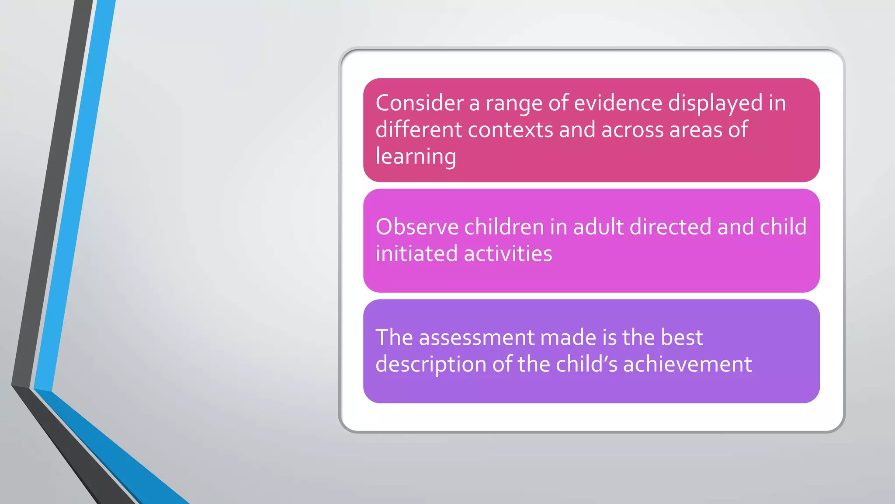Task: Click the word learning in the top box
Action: [x=416, y=157]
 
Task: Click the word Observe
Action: [x=417, y=227]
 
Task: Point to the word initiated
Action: [x=416, y=254]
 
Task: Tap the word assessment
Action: [x=477, y=338]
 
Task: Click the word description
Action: [x=431, y=365]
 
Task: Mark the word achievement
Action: [x=687, y=364]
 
